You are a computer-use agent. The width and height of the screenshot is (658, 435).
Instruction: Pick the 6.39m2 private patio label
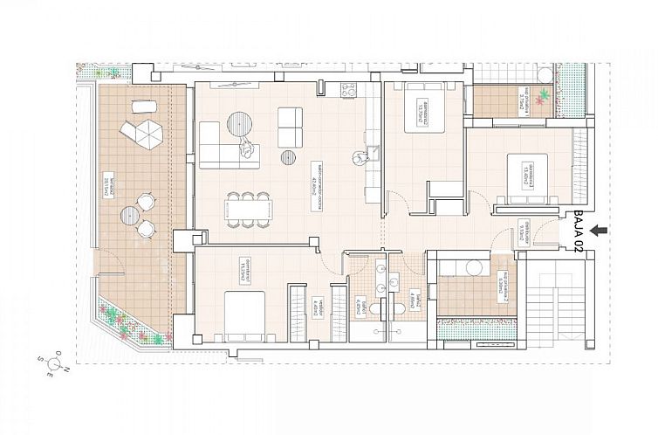click(503, 287)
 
